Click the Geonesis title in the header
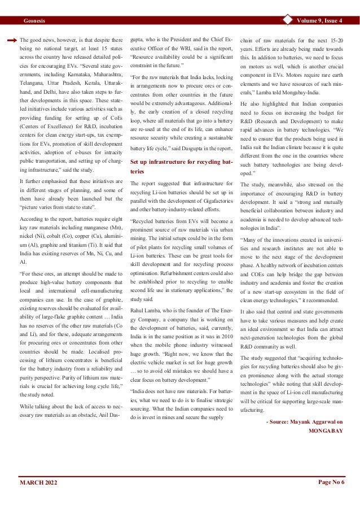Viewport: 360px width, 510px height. tap(34, 21)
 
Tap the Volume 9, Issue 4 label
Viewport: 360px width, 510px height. tap(322, 21)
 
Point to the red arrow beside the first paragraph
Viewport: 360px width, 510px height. tap(12, 41)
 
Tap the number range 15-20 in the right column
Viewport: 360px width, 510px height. tap(336, 41)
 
